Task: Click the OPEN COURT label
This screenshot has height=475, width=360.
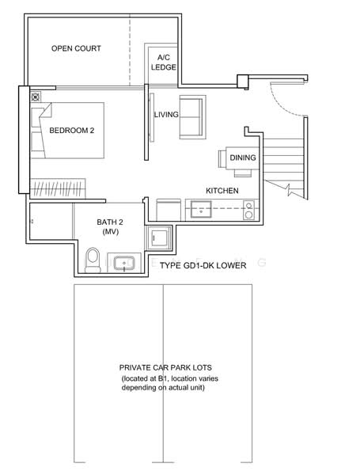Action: point(76,48)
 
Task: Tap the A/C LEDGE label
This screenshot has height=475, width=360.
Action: point(164,63)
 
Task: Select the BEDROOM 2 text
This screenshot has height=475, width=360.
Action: point(72,131)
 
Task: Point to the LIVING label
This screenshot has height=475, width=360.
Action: point(166,115)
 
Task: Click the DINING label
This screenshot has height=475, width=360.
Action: point(243,158)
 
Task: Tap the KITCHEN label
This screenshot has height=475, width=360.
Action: point(222,191)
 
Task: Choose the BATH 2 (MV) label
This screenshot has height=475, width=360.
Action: point(110,226)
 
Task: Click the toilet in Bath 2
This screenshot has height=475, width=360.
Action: point(93,260)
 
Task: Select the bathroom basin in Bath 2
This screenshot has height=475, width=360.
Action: point(124,263)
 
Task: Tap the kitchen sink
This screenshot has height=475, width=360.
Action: point(201,209)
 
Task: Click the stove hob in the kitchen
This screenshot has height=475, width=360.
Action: point(249,210)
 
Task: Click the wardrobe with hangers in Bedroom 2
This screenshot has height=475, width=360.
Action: point(58,188)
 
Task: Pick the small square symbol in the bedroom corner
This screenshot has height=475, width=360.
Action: point(36,97)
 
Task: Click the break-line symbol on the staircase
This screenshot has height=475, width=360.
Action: point(288,189)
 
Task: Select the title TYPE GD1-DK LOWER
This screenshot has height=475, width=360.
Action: point(203,266)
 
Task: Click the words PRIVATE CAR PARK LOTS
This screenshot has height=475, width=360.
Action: point(165,368)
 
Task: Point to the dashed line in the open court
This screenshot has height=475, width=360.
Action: point(130,51)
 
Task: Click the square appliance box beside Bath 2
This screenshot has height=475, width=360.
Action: point(159,237)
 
